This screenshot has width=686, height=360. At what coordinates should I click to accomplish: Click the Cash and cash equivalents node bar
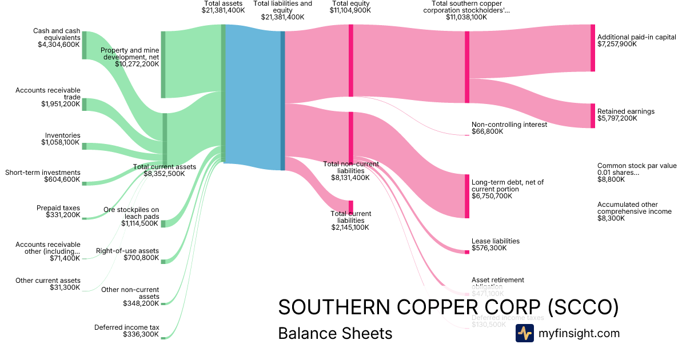tap(84, 45)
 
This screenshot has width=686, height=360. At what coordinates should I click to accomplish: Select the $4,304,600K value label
tap(59, 44)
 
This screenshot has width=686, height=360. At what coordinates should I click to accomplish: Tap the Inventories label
tap(63, 135)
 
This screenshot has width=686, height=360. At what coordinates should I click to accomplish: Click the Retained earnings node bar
tap(593, 115)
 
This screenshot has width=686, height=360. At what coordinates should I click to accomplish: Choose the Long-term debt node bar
tap(467, 196)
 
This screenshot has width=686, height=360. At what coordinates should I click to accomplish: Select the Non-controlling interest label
tap(509, 125)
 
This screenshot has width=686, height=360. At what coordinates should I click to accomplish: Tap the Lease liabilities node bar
tap(467, 252)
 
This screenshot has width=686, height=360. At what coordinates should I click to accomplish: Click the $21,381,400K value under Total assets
tap(223, 10)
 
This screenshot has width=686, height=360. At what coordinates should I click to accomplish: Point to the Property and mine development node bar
tap(163, 64)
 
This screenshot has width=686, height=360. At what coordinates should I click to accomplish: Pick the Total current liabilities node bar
tap(350, 207)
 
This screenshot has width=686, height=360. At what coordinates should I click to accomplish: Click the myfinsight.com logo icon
tap(524, 333)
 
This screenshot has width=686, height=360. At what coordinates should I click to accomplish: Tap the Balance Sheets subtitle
tap(335, 333)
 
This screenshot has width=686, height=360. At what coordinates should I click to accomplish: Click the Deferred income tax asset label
tap(126, 327)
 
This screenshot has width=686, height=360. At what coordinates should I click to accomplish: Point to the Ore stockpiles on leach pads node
tap(163, 223)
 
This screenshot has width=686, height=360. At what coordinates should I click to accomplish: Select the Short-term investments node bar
tap(84, 183)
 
